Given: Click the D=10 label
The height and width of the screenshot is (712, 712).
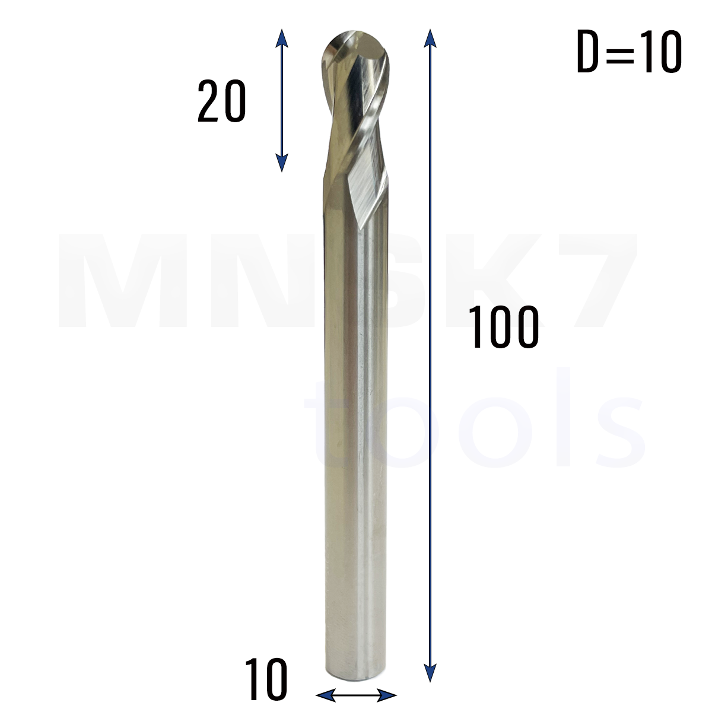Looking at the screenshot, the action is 629,52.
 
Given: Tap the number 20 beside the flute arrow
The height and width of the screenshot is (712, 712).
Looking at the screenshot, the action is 221,101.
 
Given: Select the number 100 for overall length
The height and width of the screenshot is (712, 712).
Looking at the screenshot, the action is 503,327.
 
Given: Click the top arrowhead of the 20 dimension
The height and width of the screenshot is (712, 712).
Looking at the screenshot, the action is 282,38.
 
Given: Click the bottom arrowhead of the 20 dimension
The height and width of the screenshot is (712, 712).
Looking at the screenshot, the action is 282,163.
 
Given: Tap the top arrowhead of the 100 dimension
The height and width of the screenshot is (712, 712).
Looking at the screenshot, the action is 430,38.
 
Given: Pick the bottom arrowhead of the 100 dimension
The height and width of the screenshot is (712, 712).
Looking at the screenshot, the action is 430,672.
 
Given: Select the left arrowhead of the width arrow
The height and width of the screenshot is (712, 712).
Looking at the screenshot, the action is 326,695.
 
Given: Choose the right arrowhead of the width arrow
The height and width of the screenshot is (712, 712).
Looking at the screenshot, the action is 387,695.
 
